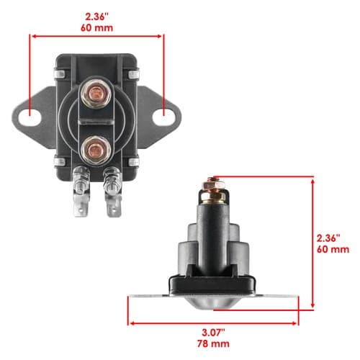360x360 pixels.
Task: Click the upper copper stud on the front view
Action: tap(96, 94)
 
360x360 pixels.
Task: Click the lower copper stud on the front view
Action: tap(96, 150)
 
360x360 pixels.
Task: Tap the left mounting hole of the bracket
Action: tap(30, 117)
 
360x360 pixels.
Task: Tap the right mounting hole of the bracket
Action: tap(163, 117)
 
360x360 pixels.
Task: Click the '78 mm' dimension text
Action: tap(213, 343)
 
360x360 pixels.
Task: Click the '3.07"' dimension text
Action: tap(213, 333)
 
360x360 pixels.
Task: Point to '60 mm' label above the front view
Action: tap(96, 28)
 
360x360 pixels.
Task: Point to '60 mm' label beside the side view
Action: tap(333, 249)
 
